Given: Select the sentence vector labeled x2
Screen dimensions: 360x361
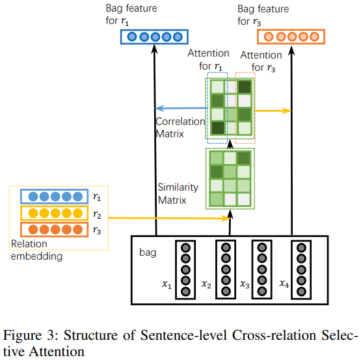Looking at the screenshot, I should (225, 271).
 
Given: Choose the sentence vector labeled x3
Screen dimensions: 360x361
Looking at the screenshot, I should (262, 271).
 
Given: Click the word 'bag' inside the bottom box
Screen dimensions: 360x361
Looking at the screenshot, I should (148, 251).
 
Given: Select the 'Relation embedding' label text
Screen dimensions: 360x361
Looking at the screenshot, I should (38, 251).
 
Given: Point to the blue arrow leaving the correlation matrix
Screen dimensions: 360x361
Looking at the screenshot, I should (181, 109).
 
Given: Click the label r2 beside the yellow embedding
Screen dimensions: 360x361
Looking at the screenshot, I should (96, 212).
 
